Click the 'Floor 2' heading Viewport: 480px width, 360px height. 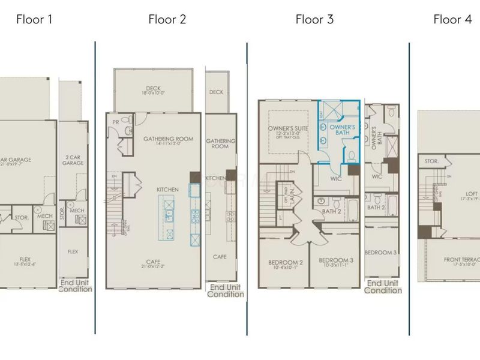[167, 19]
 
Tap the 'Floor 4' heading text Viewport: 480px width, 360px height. [452, 19]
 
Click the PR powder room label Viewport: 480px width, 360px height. [115, 122]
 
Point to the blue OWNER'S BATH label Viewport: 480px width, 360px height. [343, 130]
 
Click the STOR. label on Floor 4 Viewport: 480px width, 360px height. [432, 161]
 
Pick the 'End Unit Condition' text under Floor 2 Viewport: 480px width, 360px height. [226, 290]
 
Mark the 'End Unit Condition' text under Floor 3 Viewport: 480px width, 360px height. [383, 286]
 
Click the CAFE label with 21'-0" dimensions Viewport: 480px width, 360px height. [154, 262]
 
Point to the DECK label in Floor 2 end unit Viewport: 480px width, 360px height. [217, 92]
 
